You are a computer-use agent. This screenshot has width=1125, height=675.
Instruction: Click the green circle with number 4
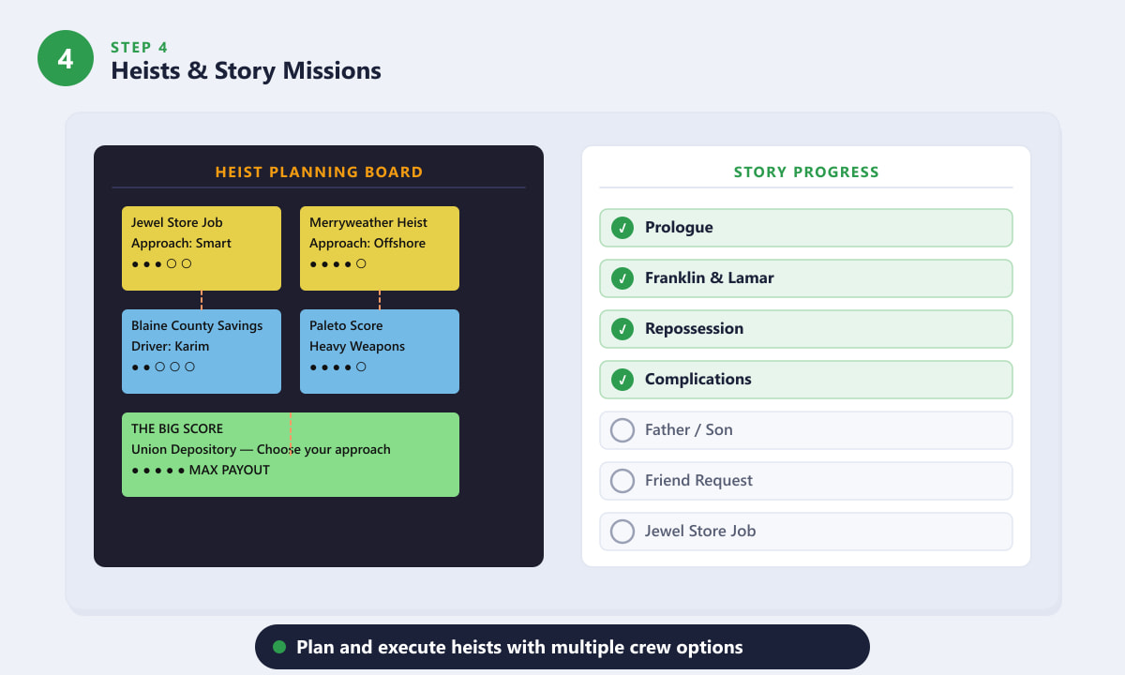pyautogui.click(x=66, y=58)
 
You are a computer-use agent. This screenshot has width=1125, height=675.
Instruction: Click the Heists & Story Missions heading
pyautogui.click(x=246, y=71)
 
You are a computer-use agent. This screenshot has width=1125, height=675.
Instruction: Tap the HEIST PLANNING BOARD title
pyautogui.click(x=319, y=172)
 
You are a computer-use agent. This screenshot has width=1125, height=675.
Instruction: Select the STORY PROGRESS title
pyautogui.click(x=806, y=172)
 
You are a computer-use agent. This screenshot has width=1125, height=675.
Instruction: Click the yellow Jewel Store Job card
pyautogui.click(x=202, y=248)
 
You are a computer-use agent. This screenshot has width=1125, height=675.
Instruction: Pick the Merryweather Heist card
pyautogui.click(x=379, y=248)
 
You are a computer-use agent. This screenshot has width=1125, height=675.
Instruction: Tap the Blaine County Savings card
pyautogui.click(x=202, y=351)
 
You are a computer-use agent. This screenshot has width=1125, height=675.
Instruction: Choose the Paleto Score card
pyautogui.click(x=379, y=351)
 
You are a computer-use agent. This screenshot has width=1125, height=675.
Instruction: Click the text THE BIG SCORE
pyautogui.click(x=177, y=428)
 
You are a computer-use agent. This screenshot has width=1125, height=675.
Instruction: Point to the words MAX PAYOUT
pyautogui.click(x=229, y=470)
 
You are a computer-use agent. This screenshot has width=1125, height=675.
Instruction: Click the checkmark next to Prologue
pyautogui.click(x=622, y=228)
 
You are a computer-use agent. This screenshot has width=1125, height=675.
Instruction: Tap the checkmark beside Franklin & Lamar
pyautogui.click(x=622, y=278)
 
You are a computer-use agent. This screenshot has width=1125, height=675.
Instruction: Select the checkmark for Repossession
pyautogui.click(x=622, y=329)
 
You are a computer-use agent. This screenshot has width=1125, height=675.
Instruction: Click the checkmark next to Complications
pyautogui.click(x=622, y=380)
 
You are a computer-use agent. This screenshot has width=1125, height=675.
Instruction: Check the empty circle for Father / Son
pyautogui.click(x=622, y=430)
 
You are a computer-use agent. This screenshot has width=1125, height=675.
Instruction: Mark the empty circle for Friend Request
pyautogui.click(x=622, y=481)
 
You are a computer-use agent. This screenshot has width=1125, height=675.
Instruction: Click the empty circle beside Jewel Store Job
pyautogui.click(x=622, y=532)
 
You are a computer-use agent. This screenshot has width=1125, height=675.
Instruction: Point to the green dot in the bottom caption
pyautogui.click(x=279, y=647)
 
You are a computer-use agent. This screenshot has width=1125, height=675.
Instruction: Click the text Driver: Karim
pyautogui.click(x=170, y=346)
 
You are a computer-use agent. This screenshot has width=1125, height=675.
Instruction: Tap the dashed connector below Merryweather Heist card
pyautogui.click(x=380, y=300)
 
